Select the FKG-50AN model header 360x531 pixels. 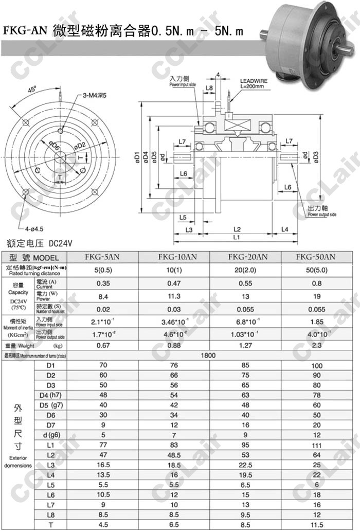point(316,257)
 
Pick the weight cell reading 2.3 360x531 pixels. point(316,346)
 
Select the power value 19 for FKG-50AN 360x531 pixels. point(316,296)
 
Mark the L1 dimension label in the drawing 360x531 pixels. point(236,238)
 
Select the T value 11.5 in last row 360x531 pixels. point(316,525)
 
